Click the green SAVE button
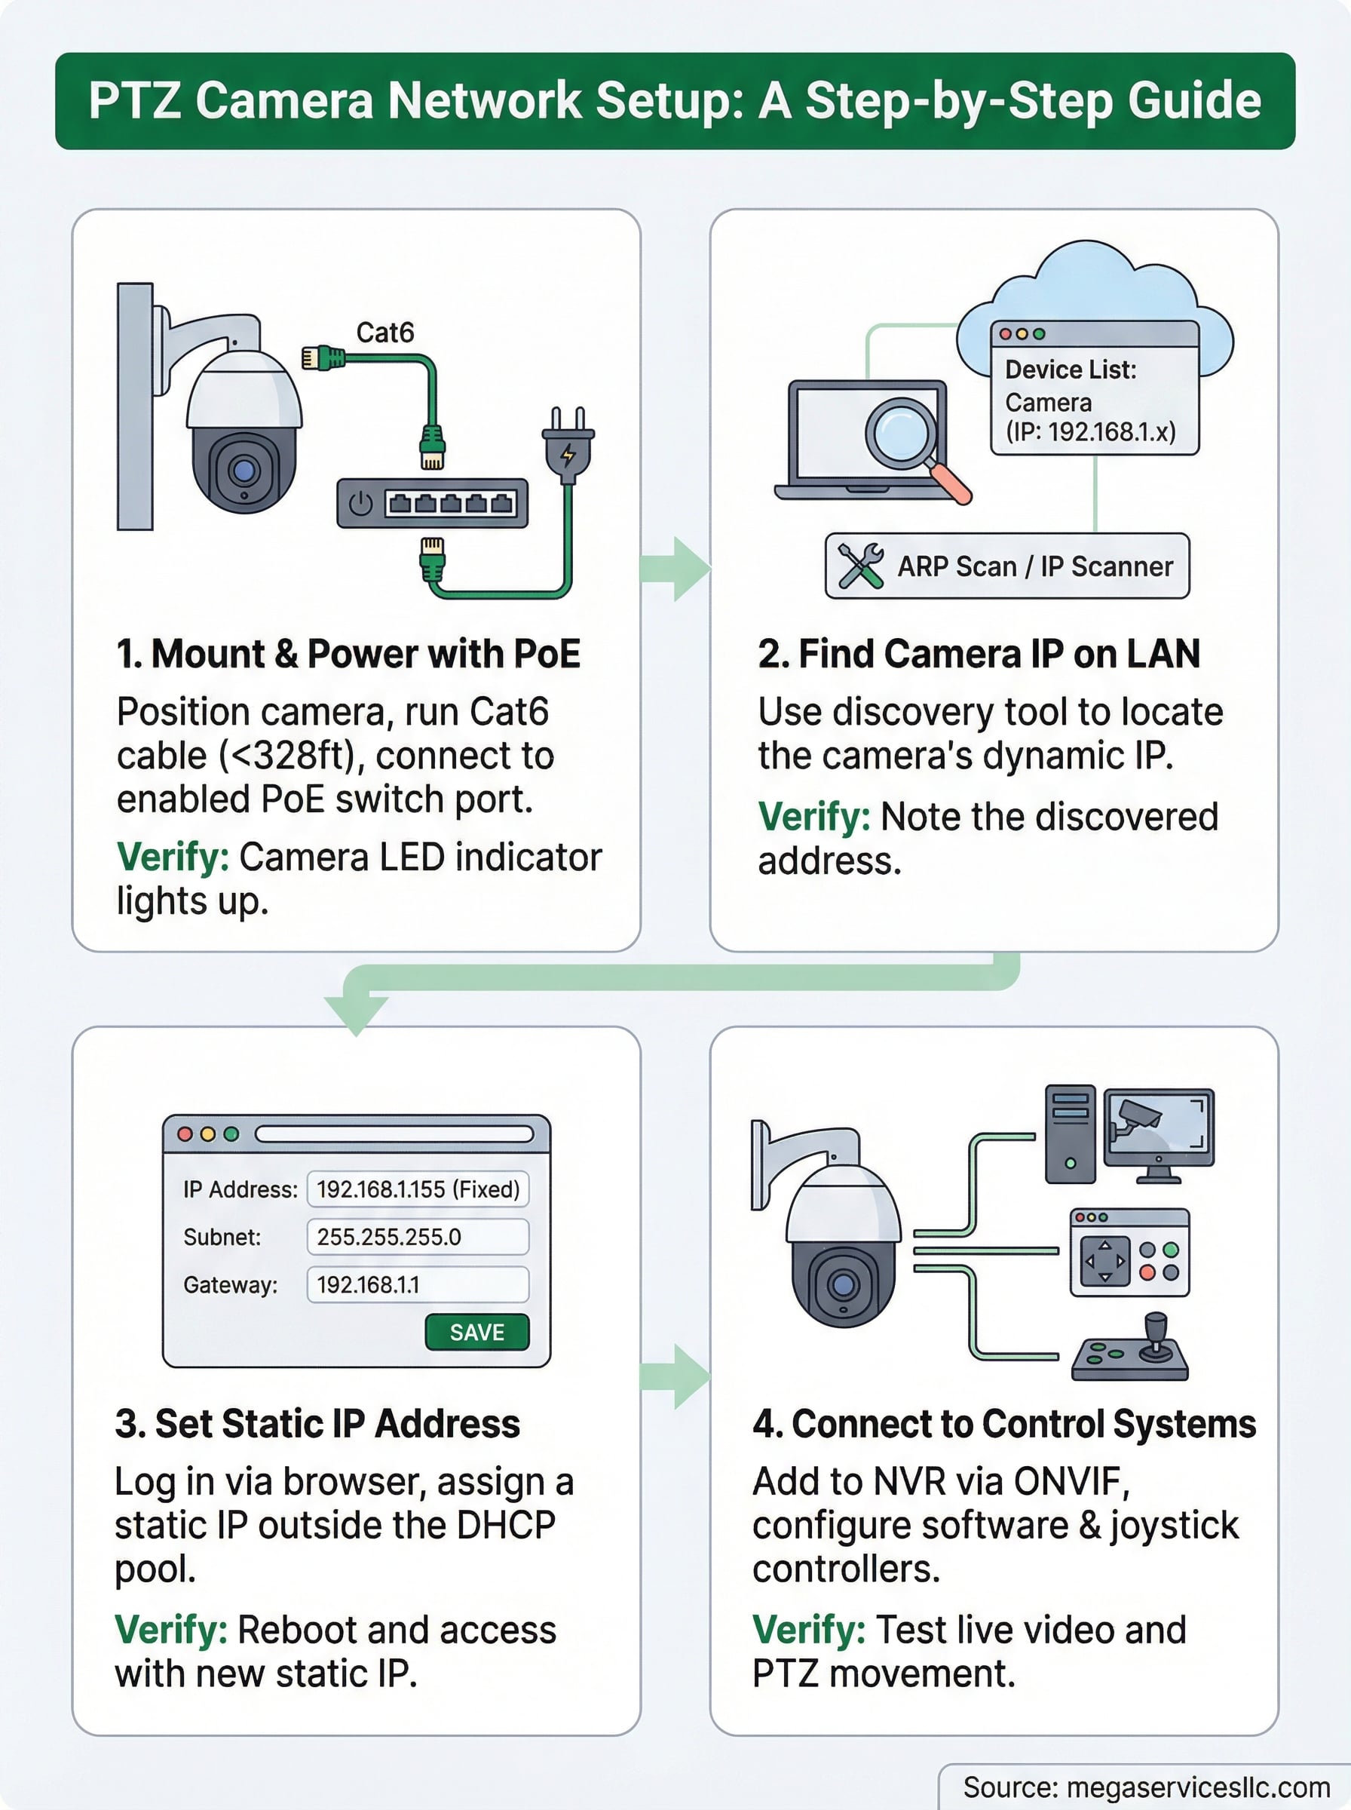click(476, 1333)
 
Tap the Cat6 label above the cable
click(384, 333)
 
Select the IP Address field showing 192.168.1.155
click(418, 1189)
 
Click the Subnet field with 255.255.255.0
click(418, 1237)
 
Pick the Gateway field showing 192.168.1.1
click(418, 1285)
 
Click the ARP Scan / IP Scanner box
click(1006, 566)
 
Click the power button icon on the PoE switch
click(360, 503)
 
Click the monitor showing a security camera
click(1159, 1133)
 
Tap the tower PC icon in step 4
click(1070, 1134)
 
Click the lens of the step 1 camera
click(243, 471)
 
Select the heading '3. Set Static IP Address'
click(317, 1424)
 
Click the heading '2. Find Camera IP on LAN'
click(978, 655)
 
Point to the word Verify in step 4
click(808, 1630)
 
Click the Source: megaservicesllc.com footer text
click(1147, 1788)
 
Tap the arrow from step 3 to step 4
click(675, 1376)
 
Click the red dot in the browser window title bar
click(185, 1134)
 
